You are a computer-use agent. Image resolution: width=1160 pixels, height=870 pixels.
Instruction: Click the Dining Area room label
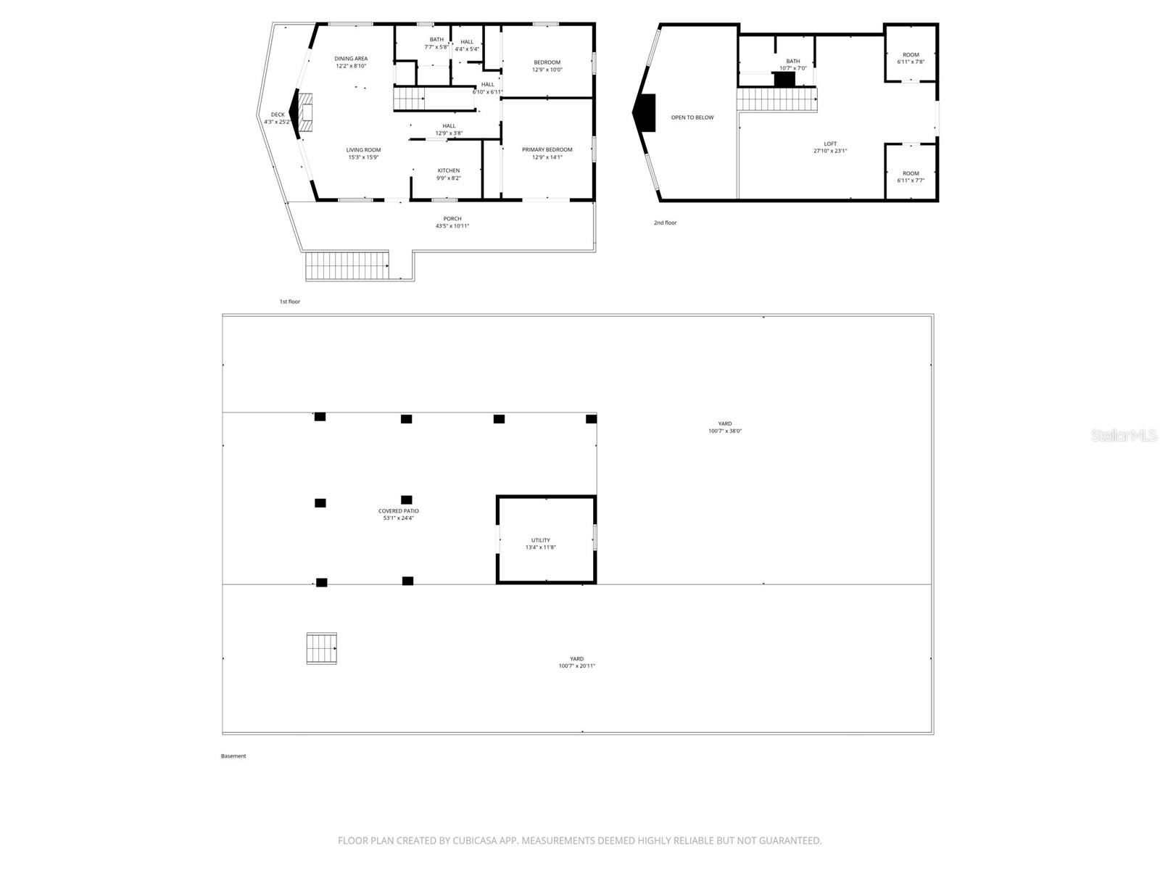(x=351, y=59)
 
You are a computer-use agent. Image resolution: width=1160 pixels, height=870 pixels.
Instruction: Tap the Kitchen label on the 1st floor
(x=448, y=170)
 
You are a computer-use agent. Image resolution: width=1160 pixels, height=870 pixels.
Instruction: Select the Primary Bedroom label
(x=547, y=149)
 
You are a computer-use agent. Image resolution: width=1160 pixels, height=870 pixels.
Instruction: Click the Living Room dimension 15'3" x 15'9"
(x=363, y=157)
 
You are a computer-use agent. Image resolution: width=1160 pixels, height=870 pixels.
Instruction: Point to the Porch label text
(x=452, y=219)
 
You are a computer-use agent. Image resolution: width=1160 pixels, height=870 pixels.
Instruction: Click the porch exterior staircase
(x=347, y=265)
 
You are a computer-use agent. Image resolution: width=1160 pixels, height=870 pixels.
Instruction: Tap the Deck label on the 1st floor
(x=278, y=115)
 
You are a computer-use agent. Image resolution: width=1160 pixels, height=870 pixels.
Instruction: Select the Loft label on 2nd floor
(x=830, y=144)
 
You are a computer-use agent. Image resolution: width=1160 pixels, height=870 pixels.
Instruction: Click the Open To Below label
(x=692, y=117)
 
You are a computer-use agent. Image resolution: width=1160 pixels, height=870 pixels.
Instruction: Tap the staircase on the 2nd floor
(x=776, y=100)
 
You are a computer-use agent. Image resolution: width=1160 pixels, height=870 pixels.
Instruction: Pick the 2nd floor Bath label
(x=793, y=62)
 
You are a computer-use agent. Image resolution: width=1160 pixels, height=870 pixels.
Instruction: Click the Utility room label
(x=540, y=540)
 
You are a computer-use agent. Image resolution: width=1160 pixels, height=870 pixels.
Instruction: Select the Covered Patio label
(x=398, y=511)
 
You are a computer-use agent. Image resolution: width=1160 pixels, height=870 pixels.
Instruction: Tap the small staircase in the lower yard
(x=321, y=648)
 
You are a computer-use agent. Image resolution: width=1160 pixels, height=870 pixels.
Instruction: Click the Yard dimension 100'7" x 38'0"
(x=725, y=431)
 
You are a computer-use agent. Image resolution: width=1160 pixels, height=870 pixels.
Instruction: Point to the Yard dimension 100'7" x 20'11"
(x=576, y=666)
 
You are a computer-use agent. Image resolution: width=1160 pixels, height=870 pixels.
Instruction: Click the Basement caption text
(x=233, y=756)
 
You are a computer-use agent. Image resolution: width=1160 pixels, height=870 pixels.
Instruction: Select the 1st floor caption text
(x=289, y=302)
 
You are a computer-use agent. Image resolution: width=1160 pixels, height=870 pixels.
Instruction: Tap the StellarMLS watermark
(x=1124, y=435)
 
